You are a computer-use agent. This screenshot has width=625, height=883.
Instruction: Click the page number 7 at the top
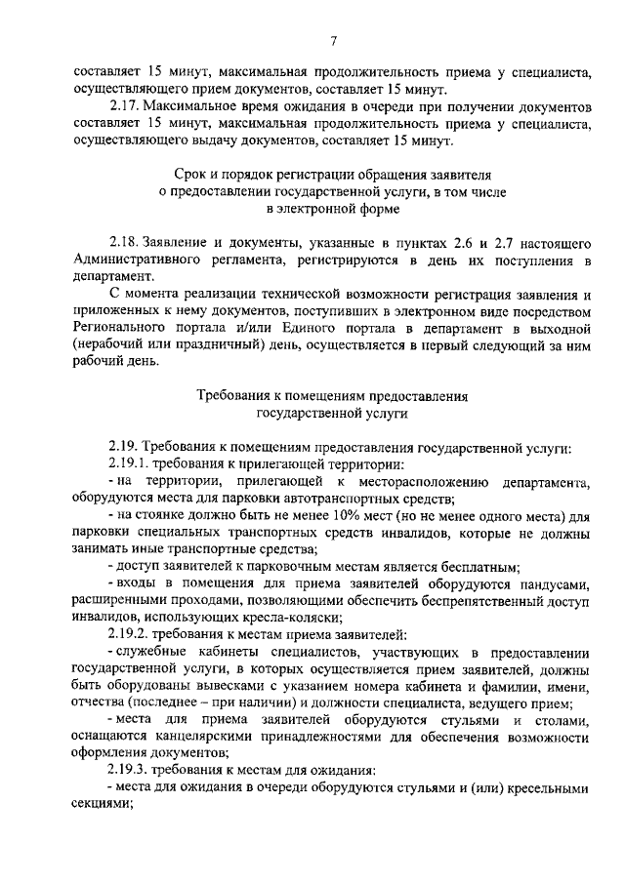[x=332, y=40]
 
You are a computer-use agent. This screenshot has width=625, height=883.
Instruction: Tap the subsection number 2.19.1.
[x=130, y=465]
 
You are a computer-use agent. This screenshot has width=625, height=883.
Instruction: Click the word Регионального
[x=120, y=327]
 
